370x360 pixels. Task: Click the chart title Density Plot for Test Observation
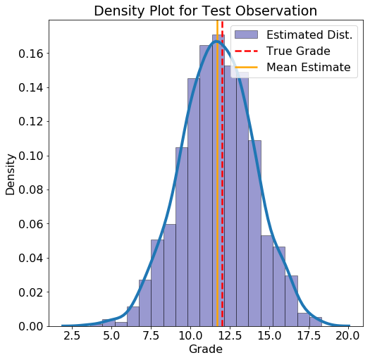[206, 11]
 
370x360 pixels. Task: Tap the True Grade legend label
[298, 51]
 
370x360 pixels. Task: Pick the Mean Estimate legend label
[309, 67]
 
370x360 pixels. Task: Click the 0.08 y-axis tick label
[31, 190]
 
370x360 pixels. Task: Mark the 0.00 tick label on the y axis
[31, 326]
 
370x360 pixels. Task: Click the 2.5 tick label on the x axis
[72, 336]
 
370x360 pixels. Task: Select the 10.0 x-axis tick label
[190, 336]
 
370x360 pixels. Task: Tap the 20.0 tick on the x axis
[347, 336]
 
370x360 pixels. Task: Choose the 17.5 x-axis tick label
[309, 336]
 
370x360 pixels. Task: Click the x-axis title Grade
[206, 349]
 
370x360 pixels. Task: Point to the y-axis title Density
[10, 175]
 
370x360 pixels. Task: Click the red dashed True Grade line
[222, 173]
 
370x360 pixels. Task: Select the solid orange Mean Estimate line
[217, 173]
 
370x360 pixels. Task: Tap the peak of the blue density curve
[216, 42]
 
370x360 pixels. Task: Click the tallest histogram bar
[218, 180]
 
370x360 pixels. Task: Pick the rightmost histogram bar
[316, 322]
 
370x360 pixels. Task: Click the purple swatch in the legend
[246, 35]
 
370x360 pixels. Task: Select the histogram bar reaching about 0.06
[170, 275]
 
